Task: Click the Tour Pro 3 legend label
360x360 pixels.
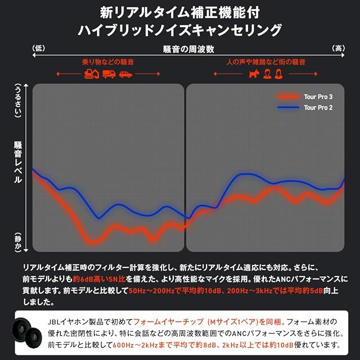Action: [318, 97]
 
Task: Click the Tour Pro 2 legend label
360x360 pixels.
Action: [318, 107]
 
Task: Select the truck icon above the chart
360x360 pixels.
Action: [109, 74]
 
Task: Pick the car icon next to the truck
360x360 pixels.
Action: [125, 74]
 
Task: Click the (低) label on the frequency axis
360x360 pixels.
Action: [39, 49]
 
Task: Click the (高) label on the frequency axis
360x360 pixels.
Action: [339, 49]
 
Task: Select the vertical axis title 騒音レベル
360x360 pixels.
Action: [17, 163]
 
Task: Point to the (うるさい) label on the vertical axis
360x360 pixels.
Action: [17, 102]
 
